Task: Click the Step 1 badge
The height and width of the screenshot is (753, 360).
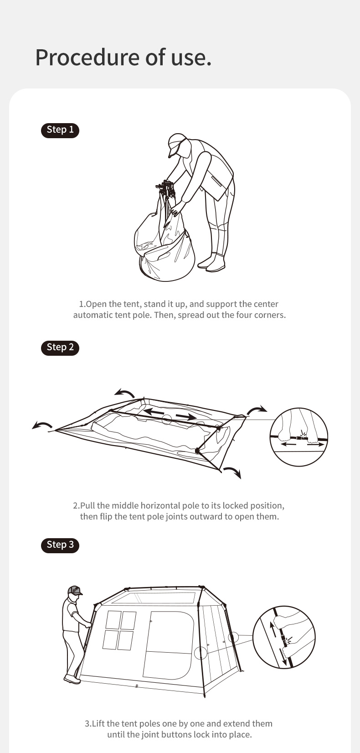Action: pos(60,130)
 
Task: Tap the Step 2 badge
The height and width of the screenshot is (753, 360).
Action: pos(60,348)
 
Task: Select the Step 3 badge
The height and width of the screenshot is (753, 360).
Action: pos(60,545)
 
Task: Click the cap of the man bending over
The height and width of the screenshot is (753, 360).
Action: pos(177,144)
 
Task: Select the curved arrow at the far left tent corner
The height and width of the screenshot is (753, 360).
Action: pos(41,425)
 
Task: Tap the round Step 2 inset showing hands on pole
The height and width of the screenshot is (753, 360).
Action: pos(298,436)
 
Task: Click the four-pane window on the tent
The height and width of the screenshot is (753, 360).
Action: pos(119,631)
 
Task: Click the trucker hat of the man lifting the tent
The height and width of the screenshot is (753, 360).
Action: pos(75,591)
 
